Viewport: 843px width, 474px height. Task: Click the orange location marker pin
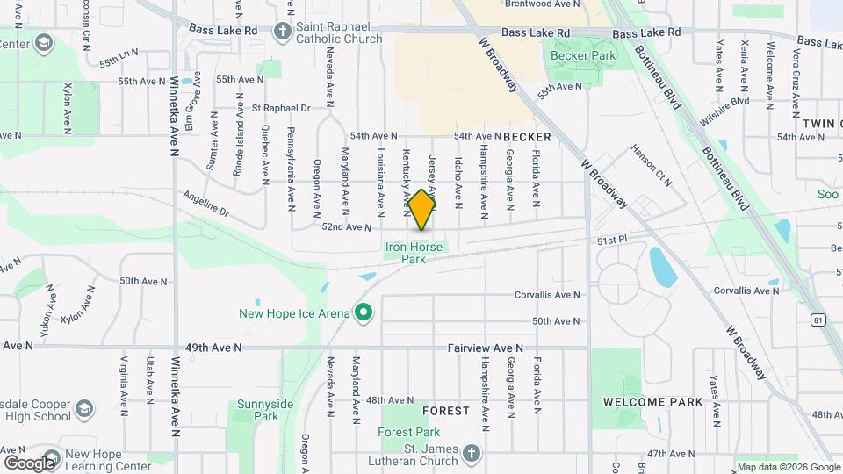(421, 210)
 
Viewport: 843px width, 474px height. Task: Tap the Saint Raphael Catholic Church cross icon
(282, 32)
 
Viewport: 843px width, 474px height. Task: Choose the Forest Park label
(409, 432)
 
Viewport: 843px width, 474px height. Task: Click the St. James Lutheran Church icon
(472, 453)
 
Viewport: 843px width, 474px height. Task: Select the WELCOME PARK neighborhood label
(652, 402)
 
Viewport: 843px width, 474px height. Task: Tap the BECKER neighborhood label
(527, 137)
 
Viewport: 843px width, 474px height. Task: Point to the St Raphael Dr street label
(281, 108)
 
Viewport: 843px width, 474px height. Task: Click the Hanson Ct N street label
(651, 165)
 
